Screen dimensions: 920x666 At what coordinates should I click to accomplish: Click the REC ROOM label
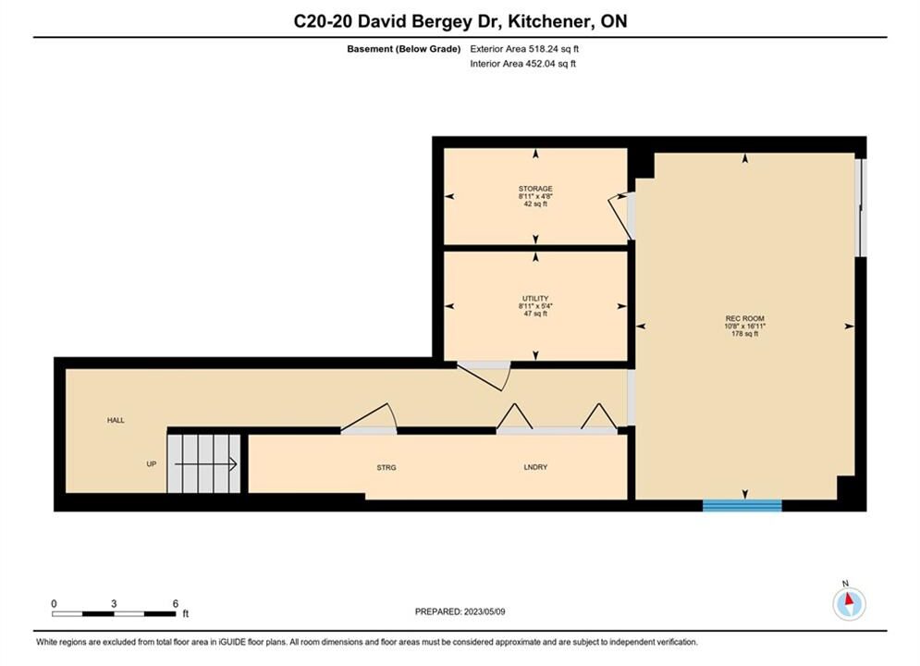[744, 318]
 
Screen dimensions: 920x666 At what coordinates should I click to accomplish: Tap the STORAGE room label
[535, 189]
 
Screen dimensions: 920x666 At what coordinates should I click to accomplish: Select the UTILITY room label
[535, 299]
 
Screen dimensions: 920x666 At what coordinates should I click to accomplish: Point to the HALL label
[116, 420]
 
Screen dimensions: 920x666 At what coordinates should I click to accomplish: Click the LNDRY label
[535, 467]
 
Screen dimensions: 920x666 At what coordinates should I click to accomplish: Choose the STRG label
[386, 468]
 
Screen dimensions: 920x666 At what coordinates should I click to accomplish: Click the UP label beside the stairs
[152, 464]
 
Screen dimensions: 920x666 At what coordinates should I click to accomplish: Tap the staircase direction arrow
[205, 464]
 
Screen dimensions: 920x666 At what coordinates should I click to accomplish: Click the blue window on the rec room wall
[742, 505]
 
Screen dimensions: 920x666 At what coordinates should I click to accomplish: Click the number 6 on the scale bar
[176, 603]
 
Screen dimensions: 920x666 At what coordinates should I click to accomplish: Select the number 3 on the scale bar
[114, 603]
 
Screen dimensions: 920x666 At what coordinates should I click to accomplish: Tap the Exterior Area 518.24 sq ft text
[524, 49]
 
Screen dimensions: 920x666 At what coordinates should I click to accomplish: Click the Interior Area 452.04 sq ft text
[522, 64]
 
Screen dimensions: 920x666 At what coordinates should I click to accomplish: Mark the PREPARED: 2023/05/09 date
[460, 611]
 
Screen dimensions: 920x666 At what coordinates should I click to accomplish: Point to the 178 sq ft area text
[744, 334]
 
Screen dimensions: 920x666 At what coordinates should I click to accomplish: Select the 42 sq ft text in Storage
[535, 204]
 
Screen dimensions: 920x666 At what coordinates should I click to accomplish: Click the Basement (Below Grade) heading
[404, 49]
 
